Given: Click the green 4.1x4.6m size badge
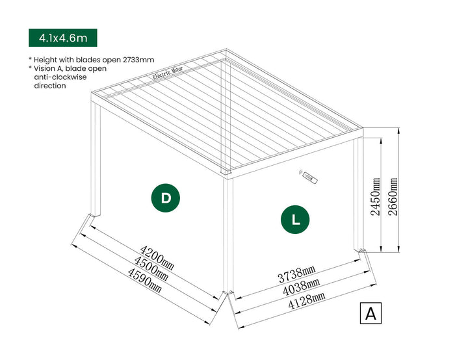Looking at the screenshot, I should point(62,38).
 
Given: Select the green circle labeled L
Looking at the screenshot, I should point(296,219).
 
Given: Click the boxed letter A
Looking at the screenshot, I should point(370,313).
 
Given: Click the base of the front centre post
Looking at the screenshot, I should point(228,291).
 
